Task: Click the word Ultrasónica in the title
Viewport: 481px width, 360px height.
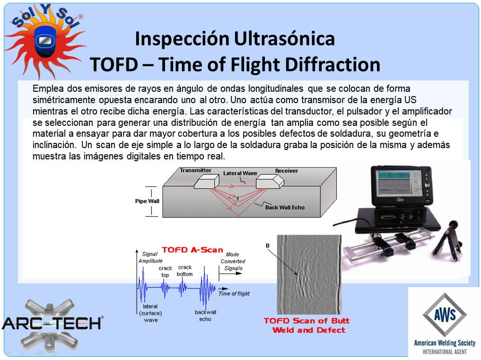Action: click(284, 39)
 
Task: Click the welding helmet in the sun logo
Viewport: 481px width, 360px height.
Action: click(45, 42)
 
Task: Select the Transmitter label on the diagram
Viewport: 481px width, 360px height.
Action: click(196, 170)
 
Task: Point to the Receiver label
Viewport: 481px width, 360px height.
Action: click(287, 171)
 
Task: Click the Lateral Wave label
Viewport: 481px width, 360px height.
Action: click(240, 173)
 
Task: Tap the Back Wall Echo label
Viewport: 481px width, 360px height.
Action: click(285, 208)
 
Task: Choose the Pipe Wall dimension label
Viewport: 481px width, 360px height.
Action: click(147, 201)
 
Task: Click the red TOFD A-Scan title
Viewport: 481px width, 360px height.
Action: click(192, 250)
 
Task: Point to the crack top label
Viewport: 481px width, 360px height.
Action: click(166, 272)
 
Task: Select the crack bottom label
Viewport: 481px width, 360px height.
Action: click(184, 271)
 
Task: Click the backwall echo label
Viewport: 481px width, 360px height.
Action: click(206, 316)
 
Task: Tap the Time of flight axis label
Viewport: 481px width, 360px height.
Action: click(234, 293)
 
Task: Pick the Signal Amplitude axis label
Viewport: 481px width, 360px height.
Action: click(150, 257)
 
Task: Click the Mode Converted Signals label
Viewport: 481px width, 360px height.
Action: click(233, 261)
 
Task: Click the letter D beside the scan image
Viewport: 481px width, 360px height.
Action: click(268, 246)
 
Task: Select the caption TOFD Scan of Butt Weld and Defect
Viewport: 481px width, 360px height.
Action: click(307, 325)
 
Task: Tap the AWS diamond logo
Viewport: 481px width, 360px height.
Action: click(445, 315)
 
